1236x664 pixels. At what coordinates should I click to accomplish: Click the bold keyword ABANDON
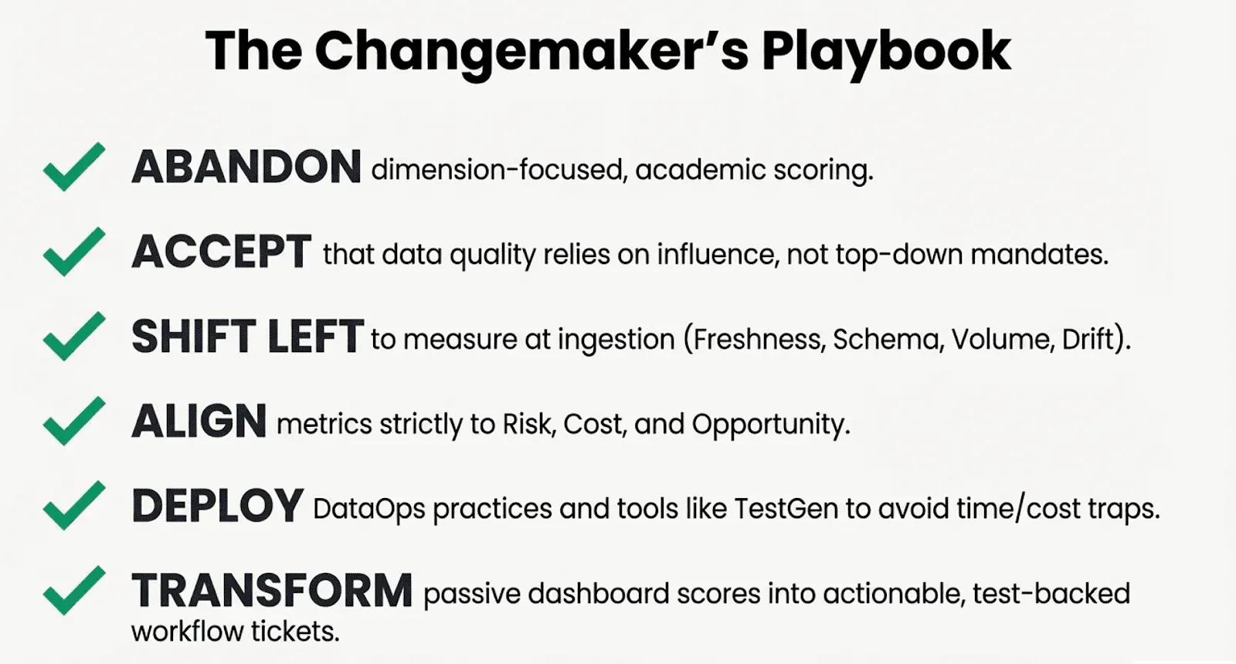[246, 167]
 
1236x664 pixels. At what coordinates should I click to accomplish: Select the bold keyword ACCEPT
[221, 252]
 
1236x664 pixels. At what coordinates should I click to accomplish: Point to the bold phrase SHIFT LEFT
[247, 336]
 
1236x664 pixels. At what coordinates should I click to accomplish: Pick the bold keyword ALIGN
[199, 421]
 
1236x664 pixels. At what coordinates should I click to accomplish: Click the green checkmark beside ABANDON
[74, 167]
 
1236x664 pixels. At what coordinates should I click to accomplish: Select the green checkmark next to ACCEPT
[74, 252]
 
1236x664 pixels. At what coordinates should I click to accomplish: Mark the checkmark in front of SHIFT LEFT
[74, 336]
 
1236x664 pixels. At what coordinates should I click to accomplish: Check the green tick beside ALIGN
[74, 421]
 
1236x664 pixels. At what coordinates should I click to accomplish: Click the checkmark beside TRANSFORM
[74, 590]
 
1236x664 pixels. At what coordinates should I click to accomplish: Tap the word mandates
[1039, 255]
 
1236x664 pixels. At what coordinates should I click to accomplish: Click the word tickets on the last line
[295, 632]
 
